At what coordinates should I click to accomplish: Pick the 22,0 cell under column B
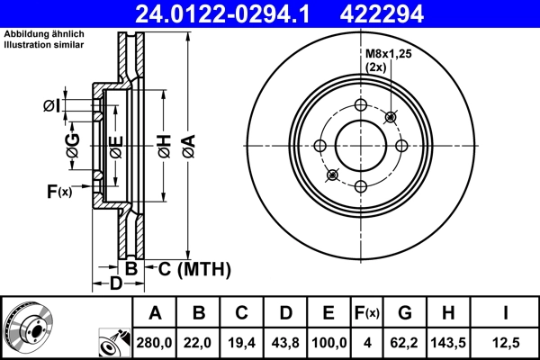[199, 342]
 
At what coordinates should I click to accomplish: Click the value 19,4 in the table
[242, 342]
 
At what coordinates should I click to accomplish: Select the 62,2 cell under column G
[405, 342]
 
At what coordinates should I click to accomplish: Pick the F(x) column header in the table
[367, 313]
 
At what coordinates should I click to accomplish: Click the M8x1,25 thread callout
[388, 54]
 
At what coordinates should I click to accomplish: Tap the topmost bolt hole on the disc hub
[361, 105]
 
